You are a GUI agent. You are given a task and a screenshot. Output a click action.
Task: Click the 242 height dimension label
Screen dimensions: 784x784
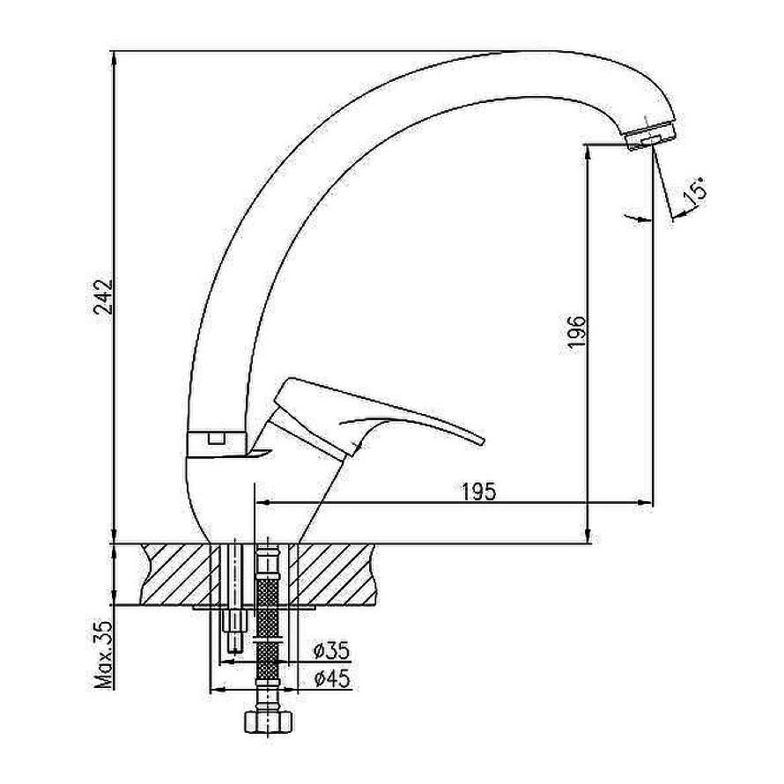(x=104, y=297)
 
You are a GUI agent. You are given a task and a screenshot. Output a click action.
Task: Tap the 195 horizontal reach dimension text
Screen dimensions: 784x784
(x=478, y=492)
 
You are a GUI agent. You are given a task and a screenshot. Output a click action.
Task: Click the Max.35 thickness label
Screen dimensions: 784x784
(x=104, y=655)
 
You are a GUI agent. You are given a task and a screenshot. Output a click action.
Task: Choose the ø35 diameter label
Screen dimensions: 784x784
(x=332, y=650)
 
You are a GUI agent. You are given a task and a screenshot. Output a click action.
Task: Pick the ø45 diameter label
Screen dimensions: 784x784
(x=332, y=678)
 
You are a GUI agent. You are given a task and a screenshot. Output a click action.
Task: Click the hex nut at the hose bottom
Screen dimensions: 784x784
(x=268, y=721)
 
